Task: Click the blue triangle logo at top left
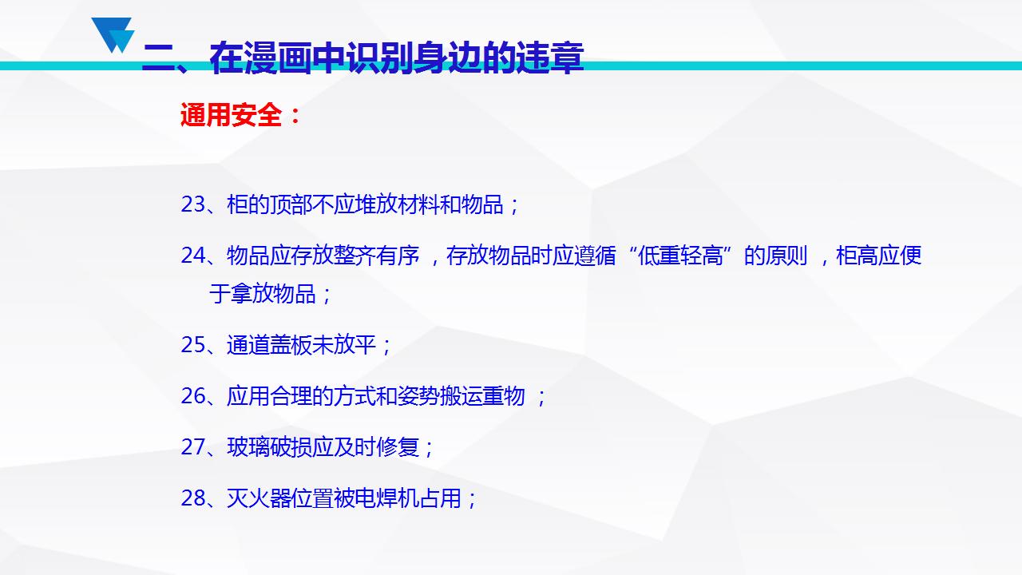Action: [113, 35]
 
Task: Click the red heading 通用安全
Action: [231, 114]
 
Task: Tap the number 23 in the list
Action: [193, 204]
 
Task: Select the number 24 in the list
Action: [193, 256]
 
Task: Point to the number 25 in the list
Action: [193, 345]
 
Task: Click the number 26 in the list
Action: [193, 396]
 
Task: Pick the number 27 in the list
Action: [193, 447]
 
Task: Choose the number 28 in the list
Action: [193, 498]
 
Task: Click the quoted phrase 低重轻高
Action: [680, 256]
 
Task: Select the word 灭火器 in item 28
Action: [259, 498]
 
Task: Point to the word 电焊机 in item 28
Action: [387, 498]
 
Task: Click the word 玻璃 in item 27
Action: [248, 447]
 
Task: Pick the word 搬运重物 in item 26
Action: [483, 396]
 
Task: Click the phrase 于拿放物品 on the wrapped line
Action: [263, 293]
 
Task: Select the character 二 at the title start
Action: [159, 58]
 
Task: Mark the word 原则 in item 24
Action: [786, 256]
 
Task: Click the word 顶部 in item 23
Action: [291, 204]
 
